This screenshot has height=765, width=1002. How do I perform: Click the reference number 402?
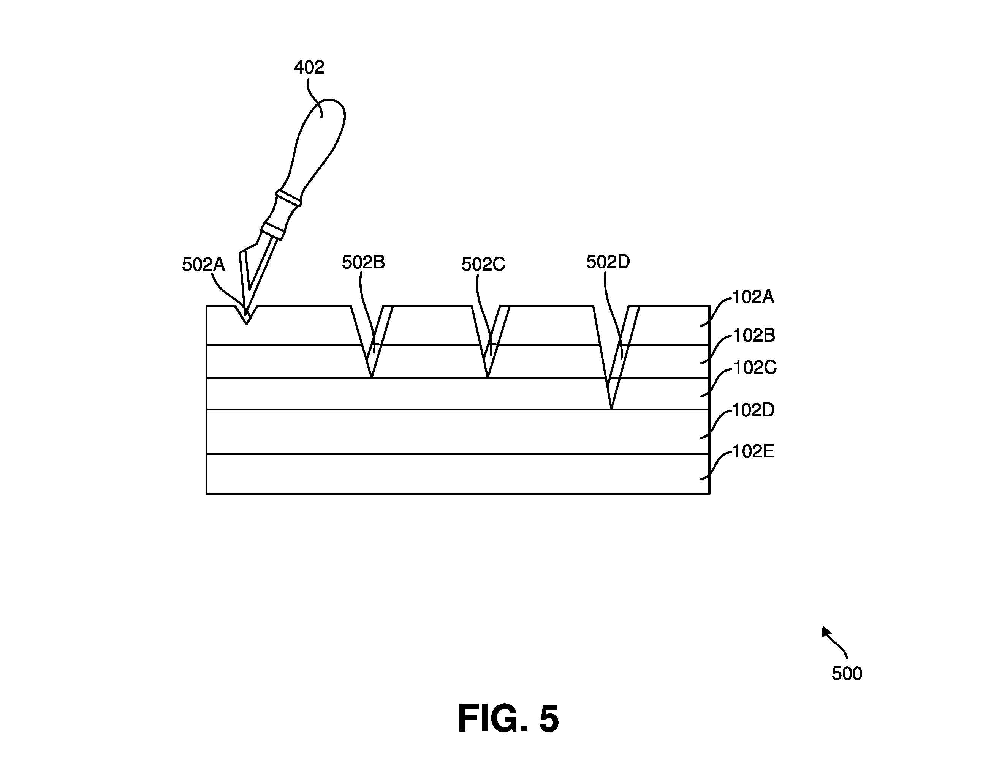click(309, 68)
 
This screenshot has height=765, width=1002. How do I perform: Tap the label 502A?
click(204, 265)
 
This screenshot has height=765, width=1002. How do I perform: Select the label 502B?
click(364, 262)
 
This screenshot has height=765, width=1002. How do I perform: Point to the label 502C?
click(483, 264)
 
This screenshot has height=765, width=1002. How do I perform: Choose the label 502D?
click(608, 262)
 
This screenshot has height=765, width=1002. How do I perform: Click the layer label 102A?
click(753, 297)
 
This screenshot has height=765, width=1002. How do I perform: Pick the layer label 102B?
click(754, 336)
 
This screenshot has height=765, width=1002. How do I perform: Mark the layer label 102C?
click(755, 368)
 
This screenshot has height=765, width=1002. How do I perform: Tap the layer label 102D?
click(753, 410)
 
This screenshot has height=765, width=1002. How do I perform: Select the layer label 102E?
click(753, 452)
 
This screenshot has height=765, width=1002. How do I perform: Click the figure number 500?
click(847, 674)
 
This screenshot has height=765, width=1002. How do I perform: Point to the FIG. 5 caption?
click(508, 719)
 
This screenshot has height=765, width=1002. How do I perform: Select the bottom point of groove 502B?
click(371, 377)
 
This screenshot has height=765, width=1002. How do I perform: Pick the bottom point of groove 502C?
click(488, 377)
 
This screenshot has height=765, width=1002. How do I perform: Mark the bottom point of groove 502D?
click(611, 408)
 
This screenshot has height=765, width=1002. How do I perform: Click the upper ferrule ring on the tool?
click(288, 198)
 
